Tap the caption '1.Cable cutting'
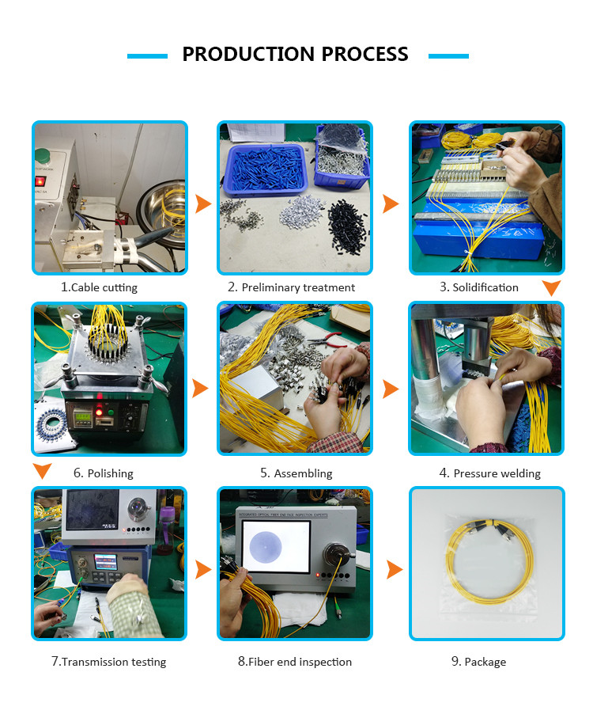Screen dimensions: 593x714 click(99, 287)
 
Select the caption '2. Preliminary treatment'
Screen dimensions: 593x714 click(291, 287)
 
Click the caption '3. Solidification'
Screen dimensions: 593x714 click(479, 287)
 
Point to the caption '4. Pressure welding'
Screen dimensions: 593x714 click(489, 473)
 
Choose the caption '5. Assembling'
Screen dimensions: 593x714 click(296, 473)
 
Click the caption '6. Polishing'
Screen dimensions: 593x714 click(104, 473)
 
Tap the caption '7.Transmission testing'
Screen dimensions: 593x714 click(108, 662)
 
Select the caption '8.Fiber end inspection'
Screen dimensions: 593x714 click(295, 662)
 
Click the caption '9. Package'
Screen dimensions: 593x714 click(478, 662)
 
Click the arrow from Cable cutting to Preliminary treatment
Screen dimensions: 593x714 click(203, 203)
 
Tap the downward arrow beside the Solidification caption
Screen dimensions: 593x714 click(551, 288)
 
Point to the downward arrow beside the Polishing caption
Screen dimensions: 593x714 click(42, 471)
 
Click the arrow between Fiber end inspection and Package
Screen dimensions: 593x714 click(395, 570)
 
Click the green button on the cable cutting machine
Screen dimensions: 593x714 click(43, 156)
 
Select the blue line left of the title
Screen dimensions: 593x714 click(147, 56)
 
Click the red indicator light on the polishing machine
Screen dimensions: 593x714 click(99, 412)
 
